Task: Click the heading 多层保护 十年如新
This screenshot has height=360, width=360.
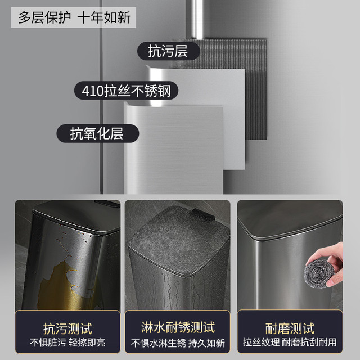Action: point(74,17)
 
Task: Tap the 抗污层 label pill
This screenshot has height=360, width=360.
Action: point(168,51)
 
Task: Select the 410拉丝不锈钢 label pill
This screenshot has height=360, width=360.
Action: point(126,91)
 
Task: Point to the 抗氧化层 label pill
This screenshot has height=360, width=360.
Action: point(97,133)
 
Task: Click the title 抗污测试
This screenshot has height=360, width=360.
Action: point(67,328)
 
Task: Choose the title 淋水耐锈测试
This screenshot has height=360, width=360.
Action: point(178,327)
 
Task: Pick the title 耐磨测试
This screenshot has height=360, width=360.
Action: point(290,328)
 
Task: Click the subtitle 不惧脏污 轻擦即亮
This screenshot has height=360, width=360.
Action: point(67,343)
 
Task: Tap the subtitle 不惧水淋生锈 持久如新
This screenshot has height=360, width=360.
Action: point(178,343)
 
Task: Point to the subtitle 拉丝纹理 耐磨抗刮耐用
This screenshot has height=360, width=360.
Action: point(290,343)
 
